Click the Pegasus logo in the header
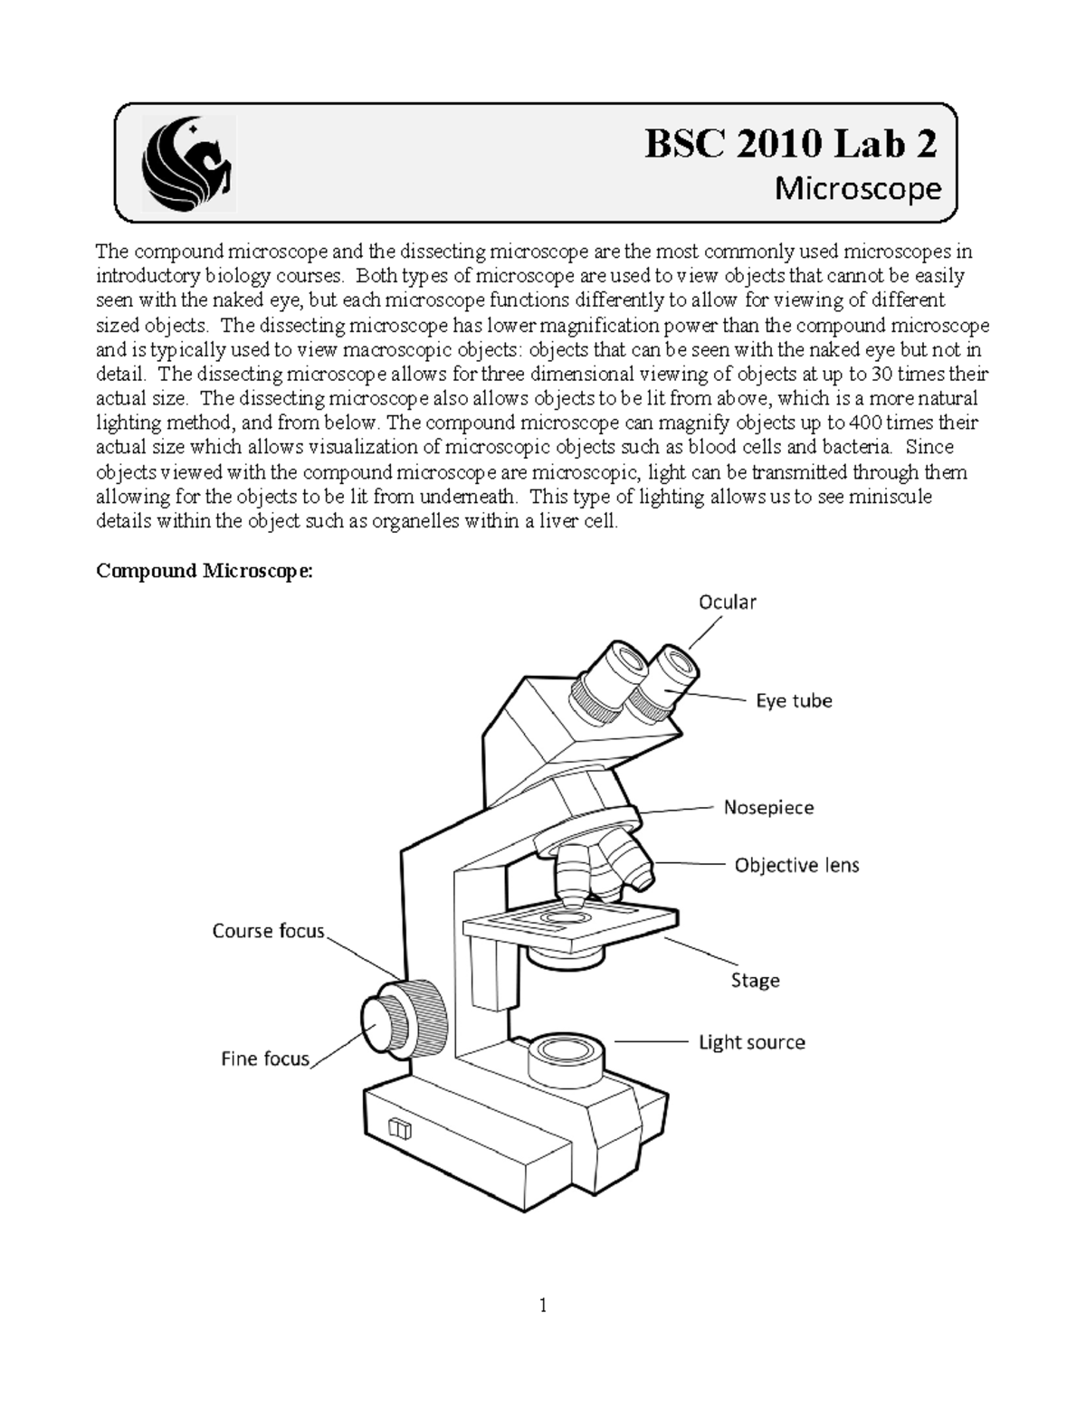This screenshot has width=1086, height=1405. (187, 164)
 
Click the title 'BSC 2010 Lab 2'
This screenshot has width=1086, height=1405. (790, 144)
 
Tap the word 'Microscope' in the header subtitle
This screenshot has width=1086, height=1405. (858, 189)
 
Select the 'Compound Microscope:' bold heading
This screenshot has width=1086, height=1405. (205, 571)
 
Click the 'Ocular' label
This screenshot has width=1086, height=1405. (727, 602)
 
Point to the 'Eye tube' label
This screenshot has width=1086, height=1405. (794, 700)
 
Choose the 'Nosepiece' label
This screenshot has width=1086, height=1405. (768, 807)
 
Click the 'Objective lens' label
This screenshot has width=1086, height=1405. (796, 865)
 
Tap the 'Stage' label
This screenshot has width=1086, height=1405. (755, 980)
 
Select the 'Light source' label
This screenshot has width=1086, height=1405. (751, 1042)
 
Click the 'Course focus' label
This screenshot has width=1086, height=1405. (268, 931)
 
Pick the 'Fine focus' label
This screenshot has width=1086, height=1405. (265, 1058)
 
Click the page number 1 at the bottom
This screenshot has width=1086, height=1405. (543, 1305)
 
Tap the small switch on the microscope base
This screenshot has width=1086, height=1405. (399, 1129)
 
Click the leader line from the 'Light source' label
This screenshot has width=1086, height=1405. (652, 1042)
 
